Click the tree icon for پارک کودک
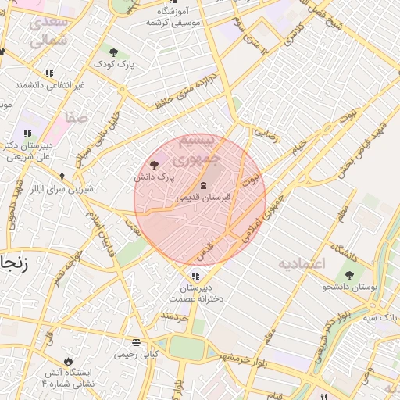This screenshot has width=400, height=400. pos(114,52)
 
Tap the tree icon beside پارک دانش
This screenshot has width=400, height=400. pos(154,165)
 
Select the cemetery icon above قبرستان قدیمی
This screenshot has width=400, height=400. pos(204,185)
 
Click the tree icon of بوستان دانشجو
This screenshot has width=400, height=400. pos(348,275)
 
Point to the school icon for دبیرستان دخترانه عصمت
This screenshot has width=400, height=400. pos(195,275)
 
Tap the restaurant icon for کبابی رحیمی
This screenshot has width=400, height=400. pos(137,342)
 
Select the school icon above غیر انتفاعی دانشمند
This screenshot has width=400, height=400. pos(49,73)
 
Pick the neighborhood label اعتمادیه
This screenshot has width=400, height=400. pos(301,264)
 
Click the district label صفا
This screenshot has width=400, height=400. pos(77,118)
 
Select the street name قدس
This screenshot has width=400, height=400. pos(204,251)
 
